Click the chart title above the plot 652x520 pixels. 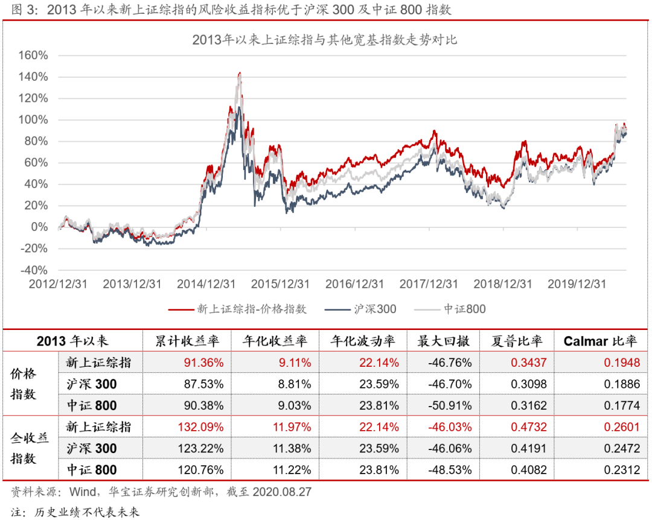(x=325, y=40)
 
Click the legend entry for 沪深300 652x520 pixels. (x=361, y=309)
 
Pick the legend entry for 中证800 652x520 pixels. (x=450, y=309)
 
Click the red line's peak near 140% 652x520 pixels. (x=240, y=73)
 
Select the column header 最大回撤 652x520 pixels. (x=443, y=341)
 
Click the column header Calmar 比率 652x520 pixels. (x=600, y=341)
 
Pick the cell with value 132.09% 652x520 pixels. (x=200, y=427)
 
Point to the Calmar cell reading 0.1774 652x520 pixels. (x=622, y=406)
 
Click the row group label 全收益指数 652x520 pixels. (x=24, y=448)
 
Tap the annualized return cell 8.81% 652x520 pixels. (x=294, y=384)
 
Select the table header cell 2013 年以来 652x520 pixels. (x=72, y=341)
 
